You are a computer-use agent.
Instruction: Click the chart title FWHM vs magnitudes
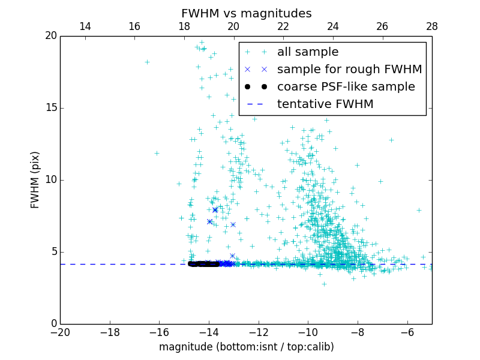[x=246, y=13]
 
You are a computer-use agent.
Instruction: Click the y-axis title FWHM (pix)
[x=35, y=180]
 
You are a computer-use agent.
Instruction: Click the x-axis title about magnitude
[x=246, y=347]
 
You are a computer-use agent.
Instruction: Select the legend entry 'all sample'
[x=308, y=52]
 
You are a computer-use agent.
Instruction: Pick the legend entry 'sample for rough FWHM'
[x=349, y=70]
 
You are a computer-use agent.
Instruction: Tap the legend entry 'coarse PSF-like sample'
[x=346, y=87]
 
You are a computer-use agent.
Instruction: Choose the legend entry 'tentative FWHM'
[x=325, y=104]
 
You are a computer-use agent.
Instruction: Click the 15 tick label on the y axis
[x=50, y=108]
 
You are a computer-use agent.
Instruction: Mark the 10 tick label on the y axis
[x=50, y=180]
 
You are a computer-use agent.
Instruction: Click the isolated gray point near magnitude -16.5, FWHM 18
[x=147, y=62]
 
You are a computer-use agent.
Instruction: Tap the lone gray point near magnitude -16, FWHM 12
[x=157, y=153]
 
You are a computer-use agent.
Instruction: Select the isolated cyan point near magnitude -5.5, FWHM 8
[x=419, y=210]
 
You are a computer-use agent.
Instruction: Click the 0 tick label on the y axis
[x=53, y=324]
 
